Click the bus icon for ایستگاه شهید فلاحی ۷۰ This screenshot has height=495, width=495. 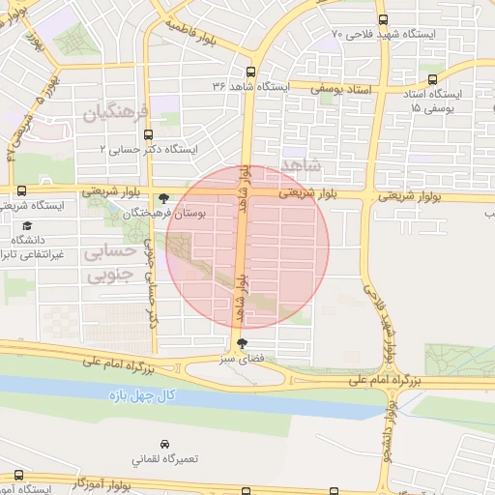coord(384,19)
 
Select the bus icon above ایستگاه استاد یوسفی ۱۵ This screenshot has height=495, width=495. coord(432,80)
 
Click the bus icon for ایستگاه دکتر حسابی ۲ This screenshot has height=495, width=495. coord(146,135)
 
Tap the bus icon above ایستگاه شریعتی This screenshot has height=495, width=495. coord(20,190)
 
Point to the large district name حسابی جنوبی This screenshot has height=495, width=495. coord(109,264)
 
